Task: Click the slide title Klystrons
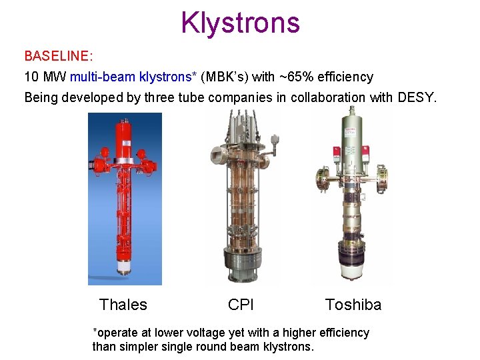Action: (240, 23)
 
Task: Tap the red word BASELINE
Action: (56, 55)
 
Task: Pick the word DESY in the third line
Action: (417, 97)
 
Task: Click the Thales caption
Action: (123, 305)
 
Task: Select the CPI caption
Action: (241, 305)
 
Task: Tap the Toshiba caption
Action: (353, 305)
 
